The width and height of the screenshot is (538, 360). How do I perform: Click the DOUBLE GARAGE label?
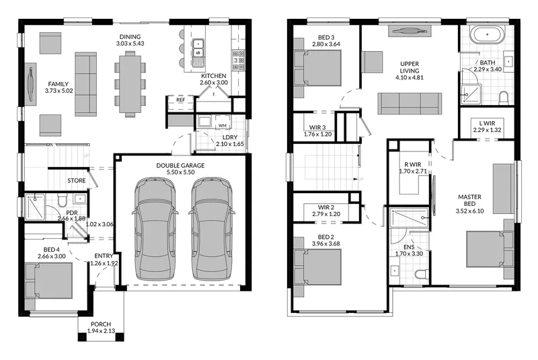pyautogui.click(x=180, y=166)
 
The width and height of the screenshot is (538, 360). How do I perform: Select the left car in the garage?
pyautogui.click(x=155, y=228)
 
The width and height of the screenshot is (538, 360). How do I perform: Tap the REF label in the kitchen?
pyautogui.click(x=180, y=100)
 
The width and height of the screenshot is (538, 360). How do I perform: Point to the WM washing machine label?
pyautogui.click(x=223, y=126)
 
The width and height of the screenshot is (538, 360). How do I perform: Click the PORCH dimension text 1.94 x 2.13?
pyautogui.click(x=101, y=331)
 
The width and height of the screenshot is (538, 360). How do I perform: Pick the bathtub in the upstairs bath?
pyautogui.click(x=487, y=35)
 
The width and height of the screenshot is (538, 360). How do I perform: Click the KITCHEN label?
pyautogui.click(x=213, y=76)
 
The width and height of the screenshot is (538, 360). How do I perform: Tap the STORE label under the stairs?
pyautogui.click(x=77, y=180)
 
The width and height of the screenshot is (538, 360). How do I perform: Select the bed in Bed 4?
pyautogui.click(x=49, y=281)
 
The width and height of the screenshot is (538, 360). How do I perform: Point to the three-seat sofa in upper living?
pyautogui.click(x=410, y=104)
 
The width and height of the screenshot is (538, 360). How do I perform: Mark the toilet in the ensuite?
pyautogui.click(x=422, y=274)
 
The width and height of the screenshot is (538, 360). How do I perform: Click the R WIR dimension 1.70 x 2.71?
pyautogui.click(x=413, y=171)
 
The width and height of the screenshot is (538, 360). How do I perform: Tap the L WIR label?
pyautogui.click(x=487, y=123)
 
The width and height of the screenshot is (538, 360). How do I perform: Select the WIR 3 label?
pyautogui.click(x=317, y=128)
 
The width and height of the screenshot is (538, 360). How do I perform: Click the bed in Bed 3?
pyautogui.click(x=317, y=68)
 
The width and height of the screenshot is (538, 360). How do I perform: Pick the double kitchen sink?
pyautogui.click(x=198, y=48)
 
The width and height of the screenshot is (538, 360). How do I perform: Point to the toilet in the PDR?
pyautogui.click(x=63, y=200)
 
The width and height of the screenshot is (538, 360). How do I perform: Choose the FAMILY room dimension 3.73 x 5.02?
pyautogui.click(x=59, y=91)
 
